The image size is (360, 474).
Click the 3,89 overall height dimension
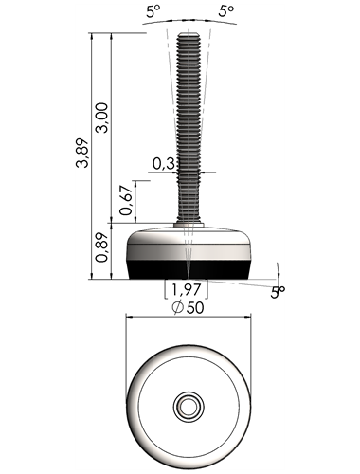(82, 153)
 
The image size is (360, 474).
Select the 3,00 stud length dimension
(102, 118)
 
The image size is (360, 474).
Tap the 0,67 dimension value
(126, 200)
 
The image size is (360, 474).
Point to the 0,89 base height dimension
(101, 247)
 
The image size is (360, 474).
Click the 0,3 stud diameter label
(164, 163)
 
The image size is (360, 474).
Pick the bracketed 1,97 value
(186, 289)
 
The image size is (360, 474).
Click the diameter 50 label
(189, 307)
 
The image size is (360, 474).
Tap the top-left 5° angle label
(153, 12)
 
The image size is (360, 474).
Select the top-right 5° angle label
(226, 11)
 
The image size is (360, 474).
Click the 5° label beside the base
(278, 292)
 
